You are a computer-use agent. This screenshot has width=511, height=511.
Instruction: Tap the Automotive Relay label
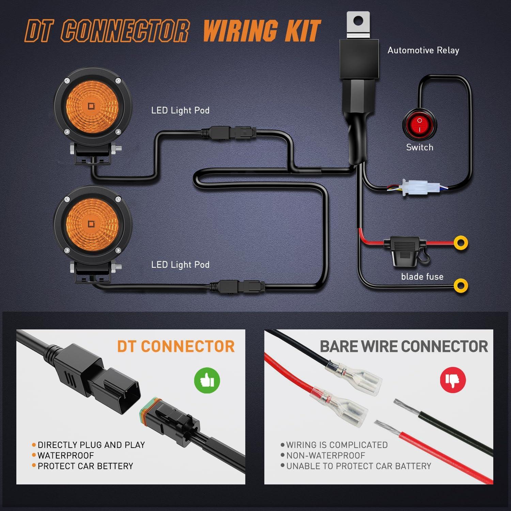click(423, 50)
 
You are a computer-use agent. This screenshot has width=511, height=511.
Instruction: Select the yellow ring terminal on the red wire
click(461, 243)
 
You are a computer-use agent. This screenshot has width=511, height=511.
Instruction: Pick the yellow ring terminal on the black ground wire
click(461, 285)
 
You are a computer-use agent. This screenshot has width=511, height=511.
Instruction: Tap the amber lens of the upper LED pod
click(91, 106)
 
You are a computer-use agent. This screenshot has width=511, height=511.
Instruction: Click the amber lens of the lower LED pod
click(91, 224)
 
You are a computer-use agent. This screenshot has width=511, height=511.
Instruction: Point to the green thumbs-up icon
click(207, 380)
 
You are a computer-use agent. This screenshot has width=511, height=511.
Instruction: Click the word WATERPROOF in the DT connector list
click(66, 455)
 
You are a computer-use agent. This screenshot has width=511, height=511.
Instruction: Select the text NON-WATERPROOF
click(325, 455)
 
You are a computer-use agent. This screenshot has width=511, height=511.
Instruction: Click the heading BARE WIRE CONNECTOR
click(404, 346)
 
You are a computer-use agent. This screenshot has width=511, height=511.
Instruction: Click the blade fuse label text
click(422, 277)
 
